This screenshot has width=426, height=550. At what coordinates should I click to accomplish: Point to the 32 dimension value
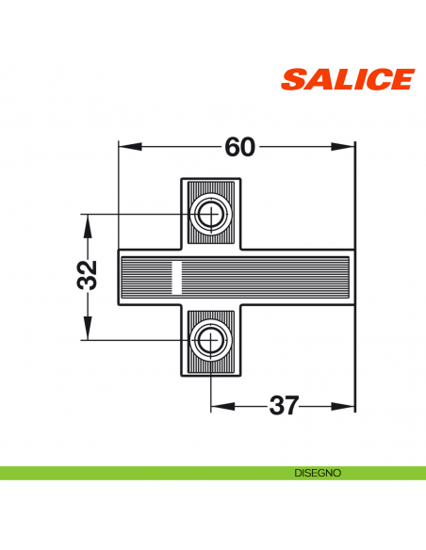[x=87, y=276]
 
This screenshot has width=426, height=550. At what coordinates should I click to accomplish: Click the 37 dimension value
[x=283, y=406]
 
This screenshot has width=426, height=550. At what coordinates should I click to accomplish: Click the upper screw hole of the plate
[x=209, y=215]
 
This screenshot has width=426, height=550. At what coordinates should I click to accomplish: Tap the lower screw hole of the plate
[x=209, y=338]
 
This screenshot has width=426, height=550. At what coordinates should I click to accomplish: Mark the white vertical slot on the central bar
[x=174, y=278]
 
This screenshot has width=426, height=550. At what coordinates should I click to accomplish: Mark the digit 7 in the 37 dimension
[x=292, y=406]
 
